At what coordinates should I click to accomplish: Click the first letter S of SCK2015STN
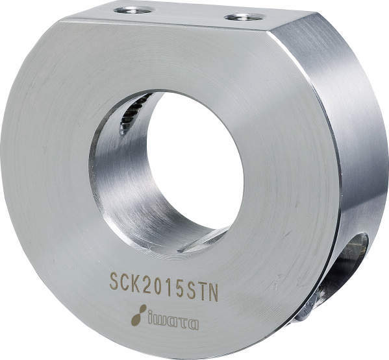pos(114,282)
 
